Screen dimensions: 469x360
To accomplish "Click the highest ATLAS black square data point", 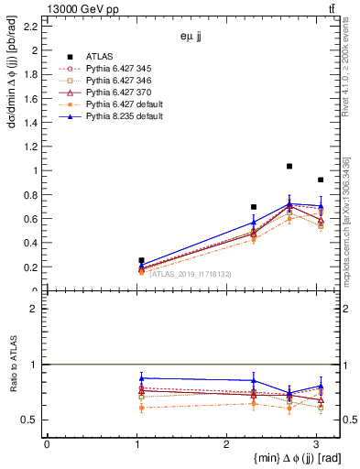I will [289, 166].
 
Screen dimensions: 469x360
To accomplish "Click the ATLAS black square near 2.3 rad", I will [254, 207].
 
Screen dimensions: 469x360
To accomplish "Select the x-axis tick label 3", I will [316, 443].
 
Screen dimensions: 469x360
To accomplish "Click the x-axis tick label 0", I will [47, 443].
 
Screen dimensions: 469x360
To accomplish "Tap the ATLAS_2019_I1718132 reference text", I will [191, 273].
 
